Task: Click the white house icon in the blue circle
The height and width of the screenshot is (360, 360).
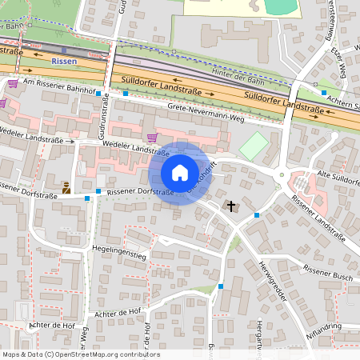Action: (180, 172)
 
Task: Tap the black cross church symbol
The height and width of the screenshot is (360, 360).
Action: (231, 206)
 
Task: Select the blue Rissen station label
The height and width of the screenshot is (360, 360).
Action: (65, 60)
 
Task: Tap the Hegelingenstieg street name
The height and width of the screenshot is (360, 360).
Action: (119, 255)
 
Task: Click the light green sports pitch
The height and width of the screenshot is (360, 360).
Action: (254, 146)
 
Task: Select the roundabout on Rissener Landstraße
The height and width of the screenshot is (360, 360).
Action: (282, 175)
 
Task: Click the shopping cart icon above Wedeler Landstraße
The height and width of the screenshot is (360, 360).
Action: (152, 137)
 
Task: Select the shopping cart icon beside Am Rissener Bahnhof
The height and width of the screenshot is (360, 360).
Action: (13, 82)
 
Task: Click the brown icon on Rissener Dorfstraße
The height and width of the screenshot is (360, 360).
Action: (66, 190)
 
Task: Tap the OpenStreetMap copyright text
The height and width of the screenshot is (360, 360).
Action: (81, 354)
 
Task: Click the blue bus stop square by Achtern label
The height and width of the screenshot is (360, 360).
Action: (324, 93)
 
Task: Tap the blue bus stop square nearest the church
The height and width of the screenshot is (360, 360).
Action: (256, 214)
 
